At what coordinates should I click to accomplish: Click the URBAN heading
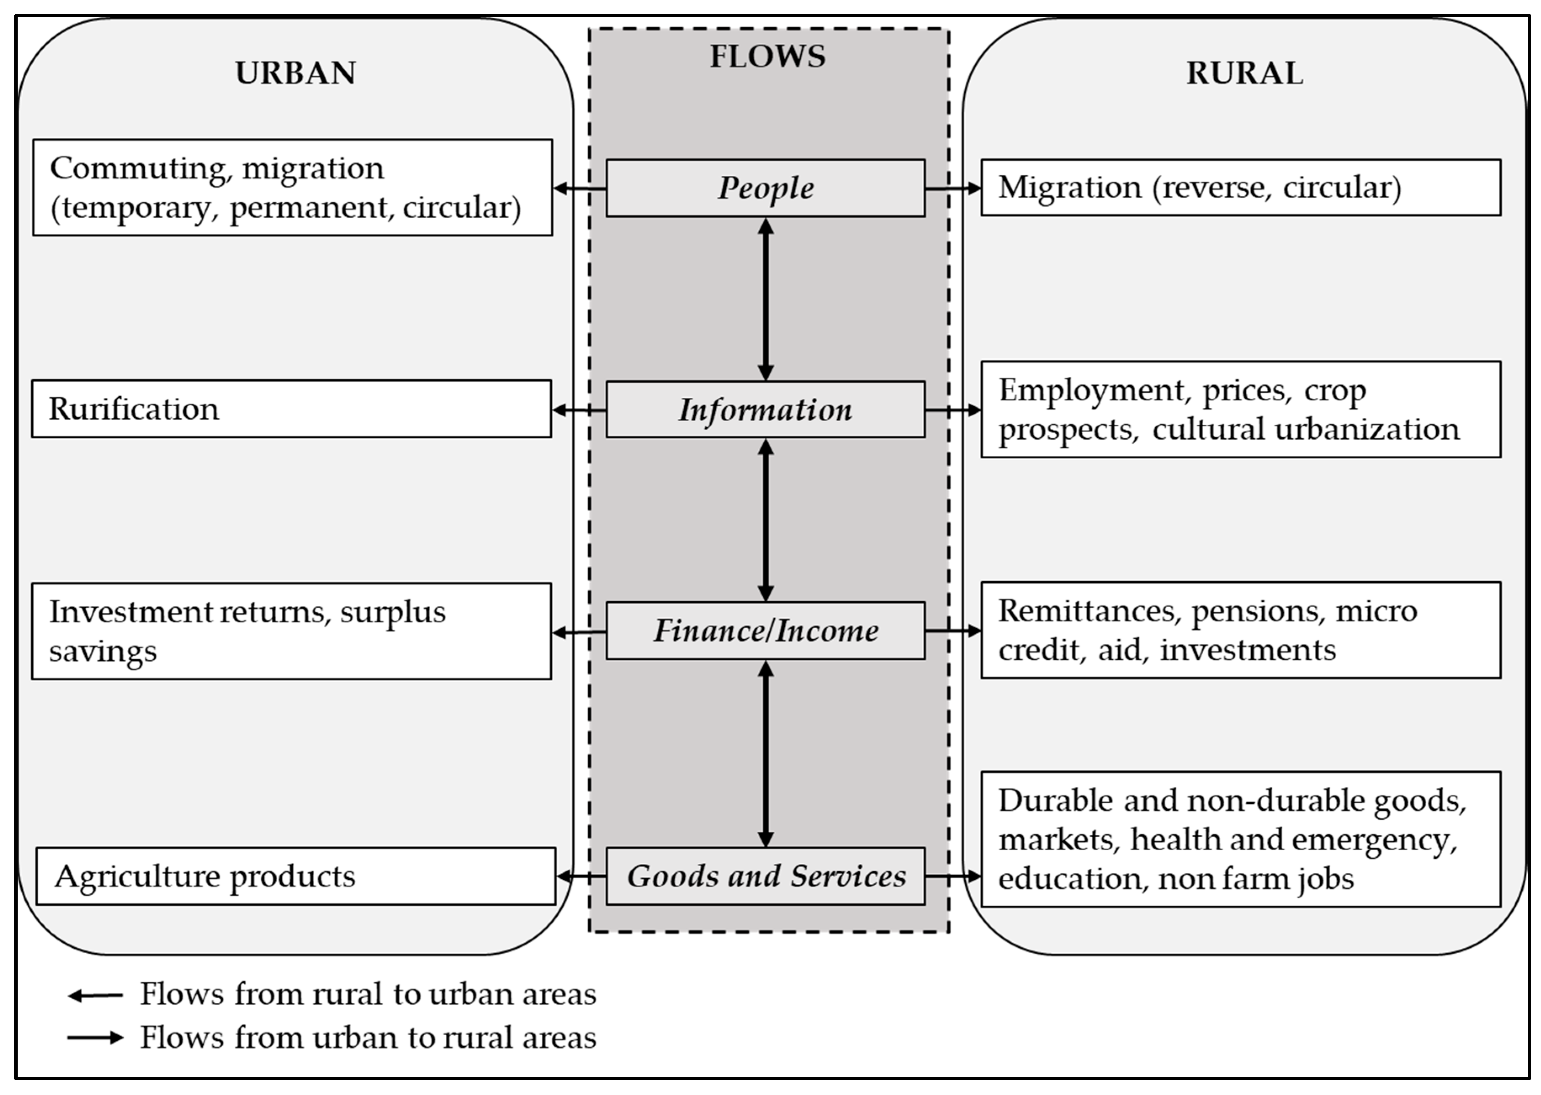pos(295,73)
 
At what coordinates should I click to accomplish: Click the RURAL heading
pos(1244,73)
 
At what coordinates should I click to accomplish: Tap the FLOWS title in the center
pos(768,56)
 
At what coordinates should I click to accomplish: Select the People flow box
pos(765,188)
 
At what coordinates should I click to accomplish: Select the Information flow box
pos(765,409)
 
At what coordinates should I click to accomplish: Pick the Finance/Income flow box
pos(765,630)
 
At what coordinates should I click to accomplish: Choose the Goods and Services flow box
pos(765,876)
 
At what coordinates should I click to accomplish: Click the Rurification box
pos(291,409)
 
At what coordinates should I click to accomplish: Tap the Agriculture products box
pos(295,876)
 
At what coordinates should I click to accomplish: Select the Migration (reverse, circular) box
pos(1241,188)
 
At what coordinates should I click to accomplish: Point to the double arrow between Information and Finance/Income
pos(765,520)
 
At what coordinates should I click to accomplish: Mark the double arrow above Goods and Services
pos(765,753)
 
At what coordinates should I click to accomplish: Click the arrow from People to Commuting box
pos(579,188)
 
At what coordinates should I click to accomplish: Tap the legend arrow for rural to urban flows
pos(95,995)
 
